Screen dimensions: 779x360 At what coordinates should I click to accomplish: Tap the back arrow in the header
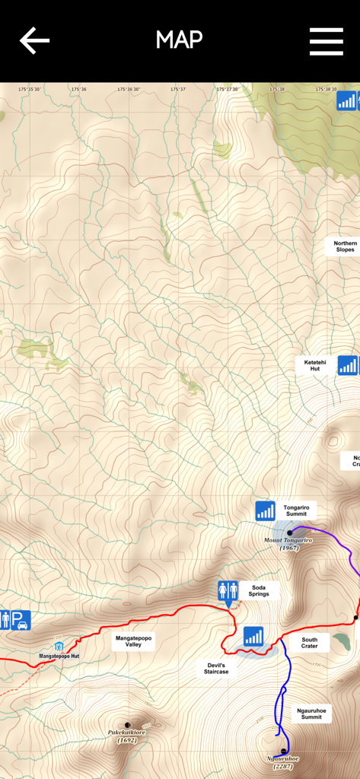(34, 40)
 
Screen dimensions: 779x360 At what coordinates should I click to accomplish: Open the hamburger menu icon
(326, 41)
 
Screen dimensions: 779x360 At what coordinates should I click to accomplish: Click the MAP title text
(180, 40)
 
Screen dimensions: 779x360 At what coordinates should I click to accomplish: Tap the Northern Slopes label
(345, 246)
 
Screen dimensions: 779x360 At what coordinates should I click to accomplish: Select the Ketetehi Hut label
(315, 365)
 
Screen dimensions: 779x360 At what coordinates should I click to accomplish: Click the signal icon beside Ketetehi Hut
(347, 365)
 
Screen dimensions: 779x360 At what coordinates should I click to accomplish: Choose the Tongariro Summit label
(295, 510)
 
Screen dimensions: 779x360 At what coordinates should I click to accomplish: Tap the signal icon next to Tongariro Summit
(265, 510)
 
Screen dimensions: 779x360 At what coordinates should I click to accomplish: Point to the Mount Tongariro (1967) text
(288, 544)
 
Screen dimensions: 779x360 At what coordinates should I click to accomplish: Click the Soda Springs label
(259, 590)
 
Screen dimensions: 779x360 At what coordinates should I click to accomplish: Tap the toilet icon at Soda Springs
(228, 590)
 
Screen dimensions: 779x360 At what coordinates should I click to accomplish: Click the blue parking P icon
(21, 620)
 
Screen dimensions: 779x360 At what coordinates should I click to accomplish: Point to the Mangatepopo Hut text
(59, 656)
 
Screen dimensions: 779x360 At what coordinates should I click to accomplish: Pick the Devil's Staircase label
(215, 668)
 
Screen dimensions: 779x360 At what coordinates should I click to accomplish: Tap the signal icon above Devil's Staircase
(253, 636)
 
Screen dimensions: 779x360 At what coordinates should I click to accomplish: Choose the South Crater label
(309, 643)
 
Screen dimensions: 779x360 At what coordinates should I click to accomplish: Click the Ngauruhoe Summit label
(311, 714)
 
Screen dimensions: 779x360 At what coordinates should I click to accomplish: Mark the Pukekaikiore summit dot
(127, 725)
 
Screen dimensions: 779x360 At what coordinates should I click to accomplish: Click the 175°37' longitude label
(178, 89)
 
